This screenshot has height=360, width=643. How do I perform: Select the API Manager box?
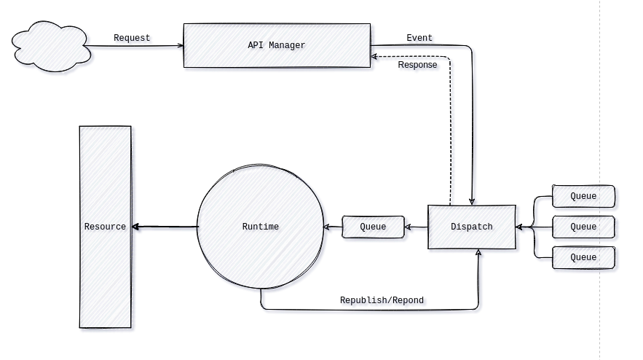point(277,45)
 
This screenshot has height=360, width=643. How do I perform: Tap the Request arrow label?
point(132,38)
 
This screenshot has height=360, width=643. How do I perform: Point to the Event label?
point(419,38)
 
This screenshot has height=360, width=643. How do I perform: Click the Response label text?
point(417,65)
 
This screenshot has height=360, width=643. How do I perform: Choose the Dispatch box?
point(471,227)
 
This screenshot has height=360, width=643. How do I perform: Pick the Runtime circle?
point(260,227)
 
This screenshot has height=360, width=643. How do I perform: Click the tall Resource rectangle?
point(105,227)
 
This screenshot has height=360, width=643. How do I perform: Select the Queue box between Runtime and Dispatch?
point(373,227)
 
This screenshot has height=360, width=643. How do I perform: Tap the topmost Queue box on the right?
point(583,196)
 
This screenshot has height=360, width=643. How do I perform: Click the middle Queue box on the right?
point(583,227)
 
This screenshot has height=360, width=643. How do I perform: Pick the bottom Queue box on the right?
point(583,257)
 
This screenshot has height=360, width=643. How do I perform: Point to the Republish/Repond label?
point(382,300)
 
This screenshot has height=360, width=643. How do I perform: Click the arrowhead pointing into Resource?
point(136,227)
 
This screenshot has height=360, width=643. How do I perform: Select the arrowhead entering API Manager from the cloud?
point(181,46)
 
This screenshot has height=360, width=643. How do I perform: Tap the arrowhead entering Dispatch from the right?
point(519,227)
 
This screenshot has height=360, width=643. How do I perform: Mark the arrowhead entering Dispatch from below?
point(478,252)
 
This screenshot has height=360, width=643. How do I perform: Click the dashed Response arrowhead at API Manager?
point(374,56)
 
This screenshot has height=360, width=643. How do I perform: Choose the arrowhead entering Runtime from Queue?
point(327,227)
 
